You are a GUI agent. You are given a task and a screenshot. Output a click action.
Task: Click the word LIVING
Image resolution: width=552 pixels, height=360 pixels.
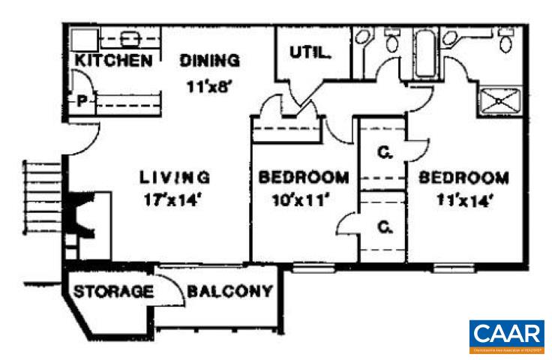[174, 178]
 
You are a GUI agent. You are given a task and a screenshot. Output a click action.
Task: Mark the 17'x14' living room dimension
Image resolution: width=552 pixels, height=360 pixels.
[173, 200]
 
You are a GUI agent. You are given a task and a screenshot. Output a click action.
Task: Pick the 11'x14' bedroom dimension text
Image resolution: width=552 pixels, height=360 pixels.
[463, 200]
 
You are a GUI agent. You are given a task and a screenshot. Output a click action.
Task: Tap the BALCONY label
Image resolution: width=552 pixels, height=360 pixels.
[229, 291]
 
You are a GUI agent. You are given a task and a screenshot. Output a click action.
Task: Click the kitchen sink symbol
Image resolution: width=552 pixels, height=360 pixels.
[130, 37]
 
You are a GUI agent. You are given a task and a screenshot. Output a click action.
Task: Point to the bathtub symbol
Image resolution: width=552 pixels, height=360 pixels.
[424, 53]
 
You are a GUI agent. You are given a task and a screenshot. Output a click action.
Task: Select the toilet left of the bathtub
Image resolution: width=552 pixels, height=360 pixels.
[391, 40]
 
